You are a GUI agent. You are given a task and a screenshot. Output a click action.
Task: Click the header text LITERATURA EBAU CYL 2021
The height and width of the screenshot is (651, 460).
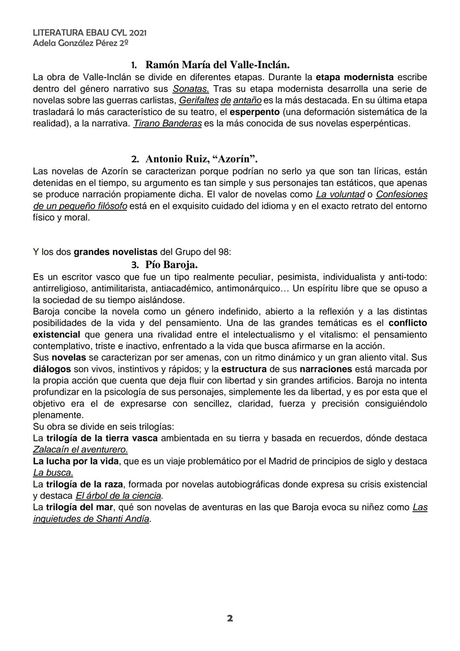[89, 33]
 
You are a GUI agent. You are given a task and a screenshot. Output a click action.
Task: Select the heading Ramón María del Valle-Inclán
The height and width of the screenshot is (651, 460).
[217, 65]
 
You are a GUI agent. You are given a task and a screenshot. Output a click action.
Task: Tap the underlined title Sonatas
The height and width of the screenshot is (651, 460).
[190, 89]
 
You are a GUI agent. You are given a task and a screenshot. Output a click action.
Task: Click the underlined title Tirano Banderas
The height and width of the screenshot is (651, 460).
[167, 124]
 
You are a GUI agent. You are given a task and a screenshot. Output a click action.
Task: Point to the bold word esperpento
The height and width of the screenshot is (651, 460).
[254, 112]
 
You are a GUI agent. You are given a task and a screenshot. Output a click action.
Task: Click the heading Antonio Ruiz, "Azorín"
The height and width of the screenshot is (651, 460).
[201, 159]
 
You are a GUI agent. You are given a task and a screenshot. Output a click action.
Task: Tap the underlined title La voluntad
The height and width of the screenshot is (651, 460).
[340, 194]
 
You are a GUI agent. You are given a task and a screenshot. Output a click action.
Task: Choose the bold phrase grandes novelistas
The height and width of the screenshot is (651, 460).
[115, 252]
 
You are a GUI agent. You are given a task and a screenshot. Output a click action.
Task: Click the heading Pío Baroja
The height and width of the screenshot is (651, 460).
[171, 265]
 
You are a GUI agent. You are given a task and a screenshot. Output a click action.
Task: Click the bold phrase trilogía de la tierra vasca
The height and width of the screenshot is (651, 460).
[102, 438]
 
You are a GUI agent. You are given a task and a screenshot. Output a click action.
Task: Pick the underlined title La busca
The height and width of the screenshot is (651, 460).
[53, 472]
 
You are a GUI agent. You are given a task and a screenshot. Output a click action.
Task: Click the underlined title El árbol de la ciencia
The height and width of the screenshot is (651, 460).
[118, 496]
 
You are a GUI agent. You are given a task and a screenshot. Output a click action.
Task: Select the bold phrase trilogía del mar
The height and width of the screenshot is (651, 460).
[79, 507]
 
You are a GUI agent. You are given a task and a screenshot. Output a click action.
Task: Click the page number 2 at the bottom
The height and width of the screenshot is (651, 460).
[230, 618]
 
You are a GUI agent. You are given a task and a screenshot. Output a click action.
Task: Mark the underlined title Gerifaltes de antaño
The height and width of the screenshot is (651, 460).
[220, 101]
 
